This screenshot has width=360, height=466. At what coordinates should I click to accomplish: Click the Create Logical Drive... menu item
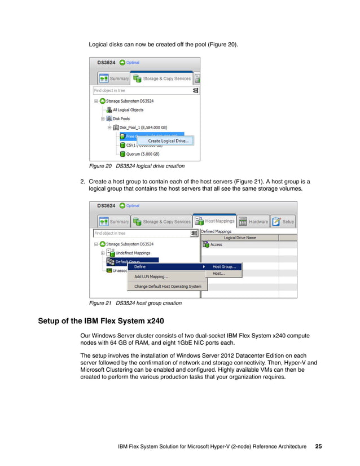(x=168, y=140)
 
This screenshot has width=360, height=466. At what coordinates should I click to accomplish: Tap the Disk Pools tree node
(x=121, y=118)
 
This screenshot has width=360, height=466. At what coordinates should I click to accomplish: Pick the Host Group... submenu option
(x=224, y=266)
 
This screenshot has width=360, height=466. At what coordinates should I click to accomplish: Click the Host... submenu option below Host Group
(x=218, y=274)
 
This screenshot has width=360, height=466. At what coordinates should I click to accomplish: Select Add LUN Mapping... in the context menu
(x=151, y=276)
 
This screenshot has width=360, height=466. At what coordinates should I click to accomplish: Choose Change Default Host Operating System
(x=168, y=287)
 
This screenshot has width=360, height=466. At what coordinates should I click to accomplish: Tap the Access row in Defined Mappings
(x=216, y=245)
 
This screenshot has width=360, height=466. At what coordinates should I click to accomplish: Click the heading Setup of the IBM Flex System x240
(x=101, y=322)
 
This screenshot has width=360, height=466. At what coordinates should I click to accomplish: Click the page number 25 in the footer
(x=319, y=446)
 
